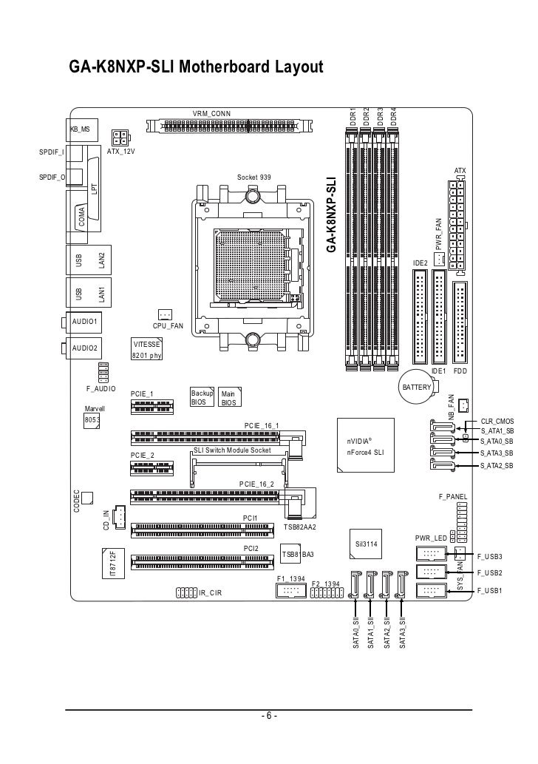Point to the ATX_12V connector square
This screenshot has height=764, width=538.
pos(120,138)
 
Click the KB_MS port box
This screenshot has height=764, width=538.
pos(83,129)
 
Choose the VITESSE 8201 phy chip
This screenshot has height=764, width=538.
pos(146,350)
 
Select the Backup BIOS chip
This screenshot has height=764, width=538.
pos(200,398)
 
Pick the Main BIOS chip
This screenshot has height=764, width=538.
pos(228,399)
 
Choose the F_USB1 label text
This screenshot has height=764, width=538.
pos(490,589)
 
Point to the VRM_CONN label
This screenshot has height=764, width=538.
pos(211,112)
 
